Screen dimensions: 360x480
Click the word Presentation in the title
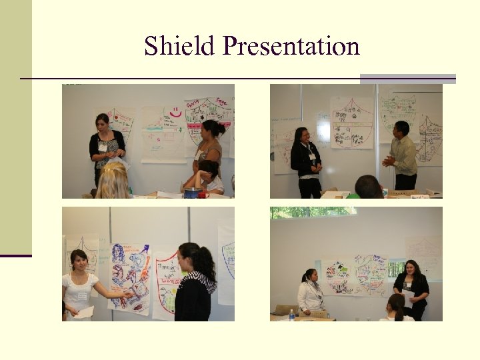[291, 47]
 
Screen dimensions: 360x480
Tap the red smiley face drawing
[175, 114]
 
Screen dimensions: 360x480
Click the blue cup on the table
[191, 193]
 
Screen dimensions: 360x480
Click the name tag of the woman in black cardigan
[103, 146]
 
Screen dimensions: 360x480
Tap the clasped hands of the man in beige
[388, 161]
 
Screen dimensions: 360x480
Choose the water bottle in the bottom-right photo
[292, 315]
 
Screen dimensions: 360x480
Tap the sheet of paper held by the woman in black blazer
[408, 298]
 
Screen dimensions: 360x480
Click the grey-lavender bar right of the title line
[407, 79]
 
